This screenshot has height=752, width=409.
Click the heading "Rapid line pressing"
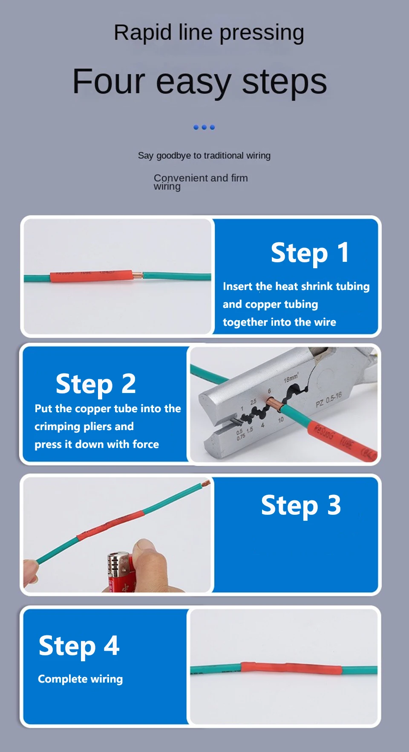tap(209, 33)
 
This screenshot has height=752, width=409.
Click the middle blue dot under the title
tap(204, 127)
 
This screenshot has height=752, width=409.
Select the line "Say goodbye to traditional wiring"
tap(204, 156)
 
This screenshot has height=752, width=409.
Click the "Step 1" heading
tap(310, 253)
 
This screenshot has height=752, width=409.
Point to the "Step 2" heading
tap(96, 384)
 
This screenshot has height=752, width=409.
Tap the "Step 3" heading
tap(301, 505)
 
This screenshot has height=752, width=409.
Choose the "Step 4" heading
tap(79, 646)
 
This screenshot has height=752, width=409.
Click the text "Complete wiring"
tap(81, 679)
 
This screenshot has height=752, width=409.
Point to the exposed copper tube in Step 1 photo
tap(138, 275)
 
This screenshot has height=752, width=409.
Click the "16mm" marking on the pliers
tap(291, 378)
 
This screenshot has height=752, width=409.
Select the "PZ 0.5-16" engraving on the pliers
tap(329, 400)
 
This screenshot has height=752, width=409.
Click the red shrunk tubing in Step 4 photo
tap(291, 668)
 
